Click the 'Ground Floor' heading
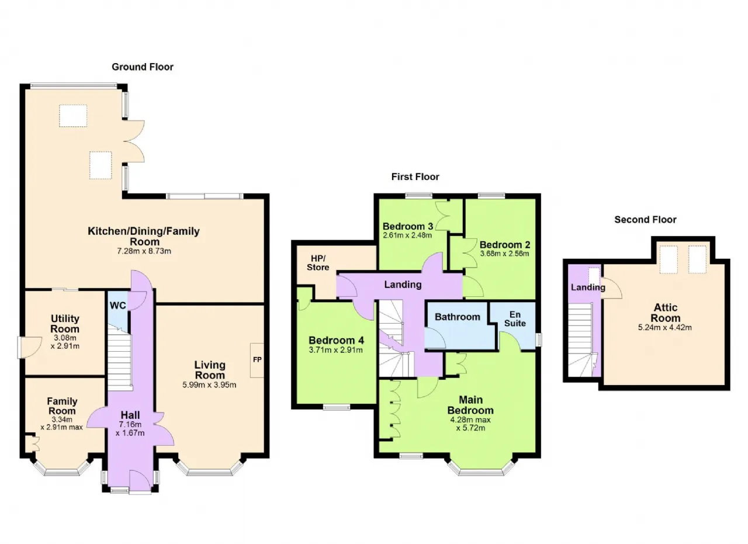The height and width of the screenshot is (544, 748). (x=143, y=67)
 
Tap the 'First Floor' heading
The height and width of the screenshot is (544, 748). (x=415, y=176)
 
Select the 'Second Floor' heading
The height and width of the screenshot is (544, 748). (x=645, y=219)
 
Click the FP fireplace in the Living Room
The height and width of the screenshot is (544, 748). (x=257, y=360)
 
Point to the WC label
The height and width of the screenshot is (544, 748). (x=118, y=306)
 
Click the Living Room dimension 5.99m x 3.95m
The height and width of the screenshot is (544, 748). (x=209, y=384)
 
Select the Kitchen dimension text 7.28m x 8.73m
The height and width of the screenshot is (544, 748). (x=144, y=251)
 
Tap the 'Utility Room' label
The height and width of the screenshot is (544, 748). (x=65, y=324)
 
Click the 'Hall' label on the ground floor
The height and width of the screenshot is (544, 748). (x=130, y=415)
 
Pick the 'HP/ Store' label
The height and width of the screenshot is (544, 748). (x=318, y=263)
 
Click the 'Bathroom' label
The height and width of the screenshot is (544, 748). (x=457, y=317)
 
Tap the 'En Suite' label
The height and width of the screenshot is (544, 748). (x=515, y=319)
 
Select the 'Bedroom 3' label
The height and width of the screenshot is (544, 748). (x=408, y=226)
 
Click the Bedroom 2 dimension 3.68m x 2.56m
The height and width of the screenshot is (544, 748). (x=504, y=254)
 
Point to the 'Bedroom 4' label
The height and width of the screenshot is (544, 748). (x=336, y=340)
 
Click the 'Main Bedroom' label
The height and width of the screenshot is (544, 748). (x=470, y=405)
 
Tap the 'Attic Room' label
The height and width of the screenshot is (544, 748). (x=666, y=313)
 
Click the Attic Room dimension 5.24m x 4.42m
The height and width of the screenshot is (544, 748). (x=665, y=328)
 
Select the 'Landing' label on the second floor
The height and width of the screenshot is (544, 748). (x=588, y=287)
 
